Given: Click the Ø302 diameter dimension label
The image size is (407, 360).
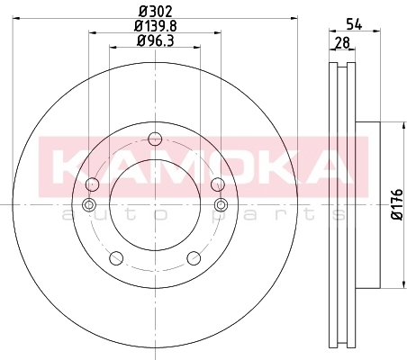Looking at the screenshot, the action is (156, 12).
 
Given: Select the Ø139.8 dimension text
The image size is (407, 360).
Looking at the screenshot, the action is (156, 26).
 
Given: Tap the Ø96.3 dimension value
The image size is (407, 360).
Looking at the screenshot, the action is (156, 40).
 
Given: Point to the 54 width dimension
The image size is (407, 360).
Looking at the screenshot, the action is (354, 23).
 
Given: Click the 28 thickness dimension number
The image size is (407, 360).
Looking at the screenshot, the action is (342, 42).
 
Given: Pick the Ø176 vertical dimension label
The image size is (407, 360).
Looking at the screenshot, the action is (398, 204).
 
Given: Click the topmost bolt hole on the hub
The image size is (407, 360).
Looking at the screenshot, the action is (155, 139).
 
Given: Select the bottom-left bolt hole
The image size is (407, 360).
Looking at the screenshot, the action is (116, 258).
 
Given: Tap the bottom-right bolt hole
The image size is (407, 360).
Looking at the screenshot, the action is (194, 258).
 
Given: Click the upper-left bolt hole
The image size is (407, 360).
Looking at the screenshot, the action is (92, 184).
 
